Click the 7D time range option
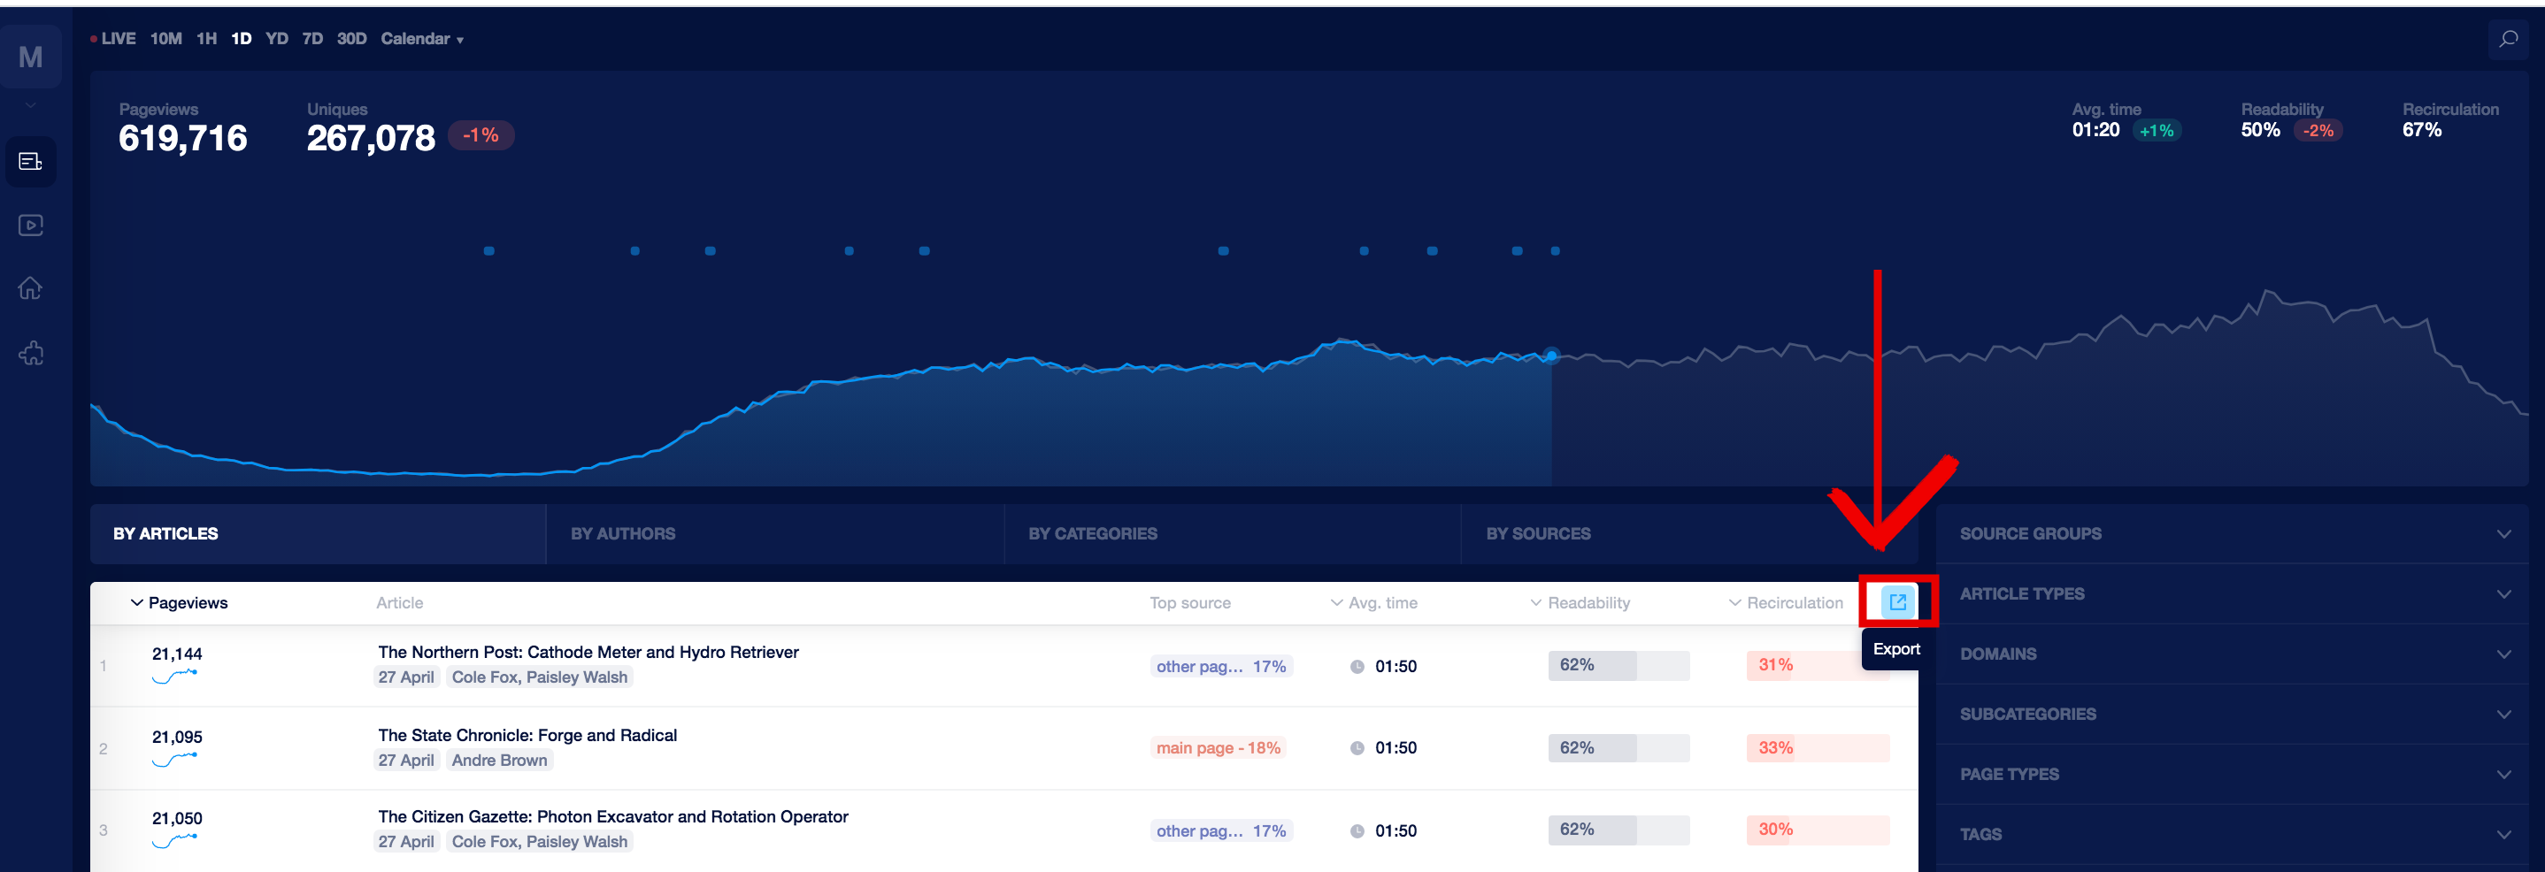click(312, 39)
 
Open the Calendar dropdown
click(422, 39)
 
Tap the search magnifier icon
click(2508, 40)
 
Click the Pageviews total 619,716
click(183, 138)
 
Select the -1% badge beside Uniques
click(481, 135)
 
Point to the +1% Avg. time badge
click(2156, 130)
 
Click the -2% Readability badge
click(2318, 130)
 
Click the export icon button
click(1897, 601)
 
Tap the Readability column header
click(1588, 602)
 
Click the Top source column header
click(1189, 602)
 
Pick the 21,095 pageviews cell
click(177, 737)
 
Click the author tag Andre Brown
click(499, 761)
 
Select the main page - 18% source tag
click(1219, 747)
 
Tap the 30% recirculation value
click(1774, 830)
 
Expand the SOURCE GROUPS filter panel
click(2233, 533)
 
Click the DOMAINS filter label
click(1997, 654)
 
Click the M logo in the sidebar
click(31, 57)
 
